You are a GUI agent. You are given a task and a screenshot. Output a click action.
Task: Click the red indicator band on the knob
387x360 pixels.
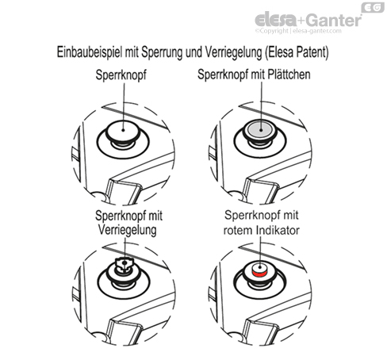click(260, 274)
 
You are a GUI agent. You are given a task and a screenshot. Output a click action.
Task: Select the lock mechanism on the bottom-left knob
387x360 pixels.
click(124, 265)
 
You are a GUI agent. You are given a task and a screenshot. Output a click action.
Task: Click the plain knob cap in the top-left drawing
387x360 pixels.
click(123, 130)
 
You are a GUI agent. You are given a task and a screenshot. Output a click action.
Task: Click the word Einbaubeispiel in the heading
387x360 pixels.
click(90, 52)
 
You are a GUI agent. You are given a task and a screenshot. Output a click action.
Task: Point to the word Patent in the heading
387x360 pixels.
click(312, 52)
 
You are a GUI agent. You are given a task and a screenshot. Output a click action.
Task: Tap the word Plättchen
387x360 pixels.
click(289, 75)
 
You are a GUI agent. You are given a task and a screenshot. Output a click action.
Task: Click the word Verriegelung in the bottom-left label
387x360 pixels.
click(127, 230)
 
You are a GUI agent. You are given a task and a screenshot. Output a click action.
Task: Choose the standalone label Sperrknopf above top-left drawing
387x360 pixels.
click(121, 75)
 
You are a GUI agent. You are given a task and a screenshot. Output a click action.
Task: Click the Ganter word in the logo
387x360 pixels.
click(335, 20)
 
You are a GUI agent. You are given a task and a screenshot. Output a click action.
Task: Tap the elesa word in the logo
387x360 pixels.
click(275, 19)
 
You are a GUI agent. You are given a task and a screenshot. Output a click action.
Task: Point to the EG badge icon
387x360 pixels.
click(373, 8)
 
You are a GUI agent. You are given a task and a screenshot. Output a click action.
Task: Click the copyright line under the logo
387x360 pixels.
click(298, 31)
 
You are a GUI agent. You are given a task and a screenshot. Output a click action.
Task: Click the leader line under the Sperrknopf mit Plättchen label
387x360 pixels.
click(262, 105)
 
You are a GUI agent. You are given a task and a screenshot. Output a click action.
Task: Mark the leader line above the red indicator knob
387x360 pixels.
click(260, 253)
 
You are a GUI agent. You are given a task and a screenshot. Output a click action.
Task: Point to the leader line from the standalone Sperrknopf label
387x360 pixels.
click(124, 106)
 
